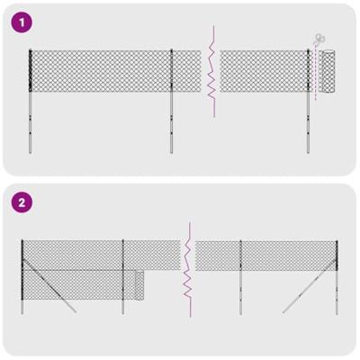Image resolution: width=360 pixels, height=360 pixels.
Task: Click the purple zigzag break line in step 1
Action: (x=212, y=72)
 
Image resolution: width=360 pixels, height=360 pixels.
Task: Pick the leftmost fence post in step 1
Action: (x=30, y=99)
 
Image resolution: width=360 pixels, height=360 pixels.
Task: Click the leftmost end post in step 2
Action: (x=22, y=274)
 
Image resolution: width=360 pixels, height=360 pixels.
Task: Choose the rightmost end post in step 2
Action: (x=336, y=274)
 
